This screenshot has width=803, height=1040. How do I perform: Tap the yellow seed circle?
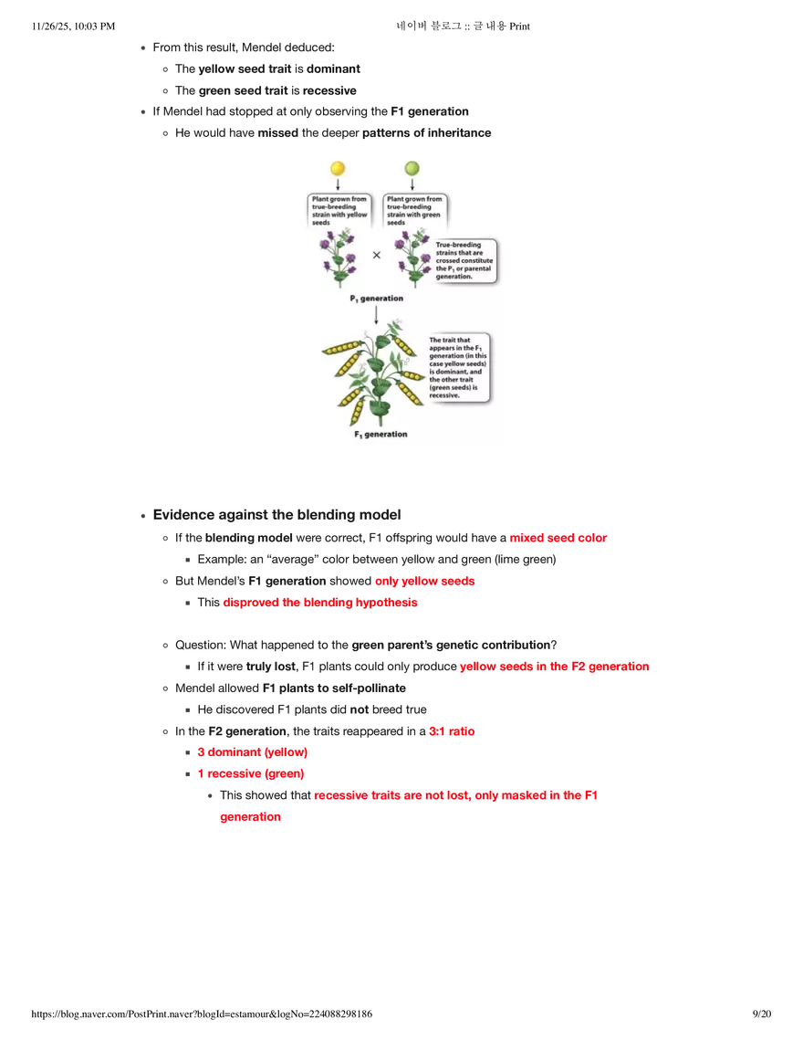click(338, 169)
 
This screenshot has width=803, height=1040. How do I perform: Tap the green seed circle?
click(412, 169)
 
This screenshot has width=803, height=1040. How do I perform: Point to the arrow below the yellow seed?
click(338, 184)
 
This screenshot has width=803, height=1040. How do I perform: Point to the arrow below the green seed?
click(412, 184)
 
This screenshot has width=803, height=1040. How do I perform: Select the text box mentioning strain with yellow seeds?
click(339, 210)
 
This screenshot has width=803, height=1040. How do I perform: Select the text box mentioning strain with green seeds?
click(414, 210)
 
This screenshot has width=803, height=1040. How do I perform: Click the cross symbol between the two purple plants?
click(376, 256)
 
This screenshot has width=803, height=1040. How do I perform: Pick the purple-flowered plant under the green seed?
click(412, 257)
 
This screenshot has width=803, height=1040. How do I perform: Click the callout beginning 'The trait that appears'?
click(459, 366)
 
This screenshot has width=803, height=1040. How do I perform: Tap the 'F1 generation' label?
click(381, 435)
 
